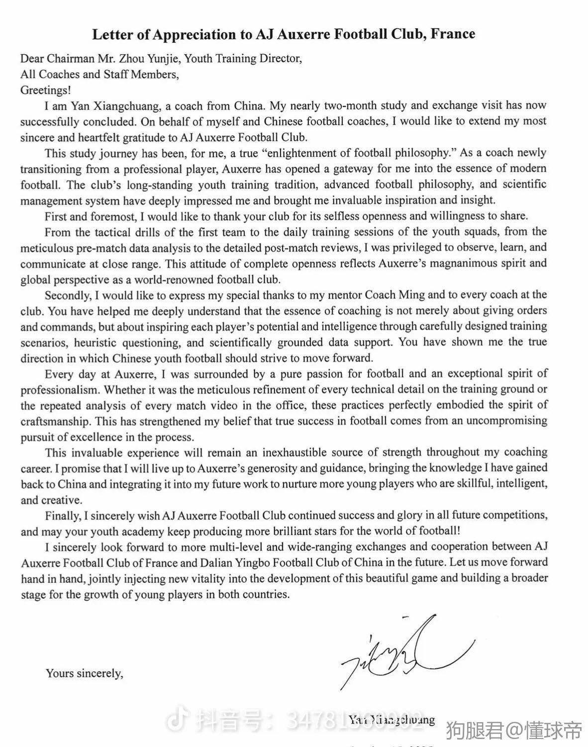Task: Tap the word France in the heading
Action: click(x=453, y=34)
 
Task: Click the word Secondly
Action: click(x=68, y=295)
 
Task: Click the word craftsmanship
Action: click(x=56, y=421)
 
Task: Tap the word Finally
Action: click(x=62, y=516)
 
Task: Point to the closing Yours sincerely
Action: click(x=84, y=673)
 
